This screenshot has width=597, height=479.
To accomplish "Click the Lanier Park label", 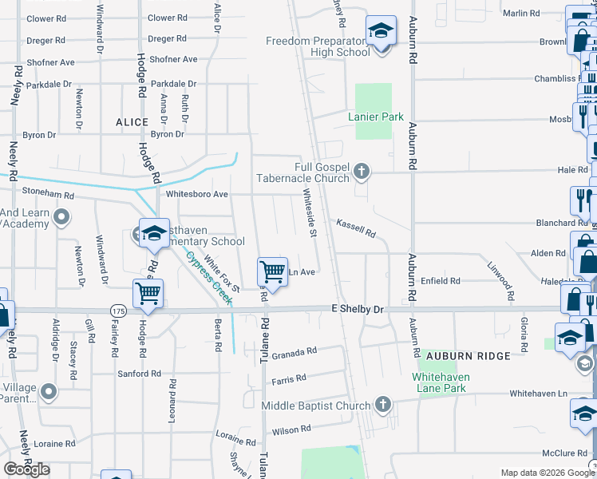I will [376, 117].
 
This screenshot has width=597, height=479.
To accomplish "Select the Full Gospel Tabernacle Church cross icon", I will [362, 170].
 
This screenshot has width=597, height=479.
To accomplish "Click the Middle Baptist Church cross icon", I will [383, 404].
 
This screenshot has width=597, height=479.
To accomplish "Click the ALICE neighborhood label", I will [132, 122].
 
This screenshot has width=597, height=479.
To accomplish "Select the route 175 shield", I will [118, 310].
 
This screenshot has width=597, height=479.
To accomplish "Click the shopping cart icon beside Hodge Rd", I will [148, 293].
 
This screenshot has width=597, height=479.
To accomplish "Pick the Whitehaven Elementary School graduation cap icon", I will [153, 233].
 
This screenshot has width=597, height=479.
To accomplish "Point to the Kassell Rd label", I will [355, 228].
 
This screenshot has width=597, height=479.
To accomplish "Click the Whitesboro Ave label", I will [197, 194].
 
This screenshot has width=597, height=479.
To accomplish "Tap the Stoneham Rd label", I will [47, 194].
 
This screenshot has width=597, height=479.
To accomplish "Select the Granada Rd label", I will [295, 351].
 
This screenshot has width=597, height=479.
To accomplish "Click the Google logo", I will [27, 469].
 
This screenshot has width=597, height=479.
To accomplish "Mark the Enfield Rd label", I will [441, 281].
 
